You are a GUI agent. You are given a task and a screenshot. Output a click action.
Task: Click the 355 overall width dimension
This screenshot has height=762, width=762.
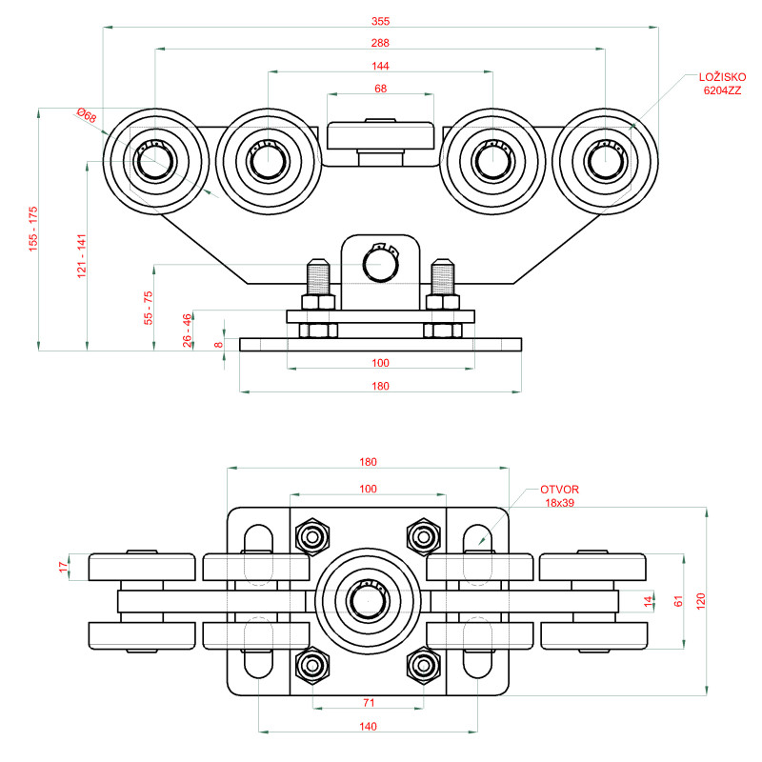(x=380, y=20)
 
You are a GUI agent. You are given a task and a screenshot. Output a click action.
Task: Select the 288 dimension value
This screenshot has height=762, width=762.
(x=380, y=43)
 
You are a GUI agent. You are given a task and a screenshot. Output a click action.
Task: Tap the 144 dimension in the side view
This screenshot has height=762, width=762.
(x=380, y=66)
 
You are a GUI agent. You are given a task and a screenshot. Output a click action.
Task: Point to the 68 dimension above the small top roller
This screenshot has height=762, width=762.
(x=380, y=89)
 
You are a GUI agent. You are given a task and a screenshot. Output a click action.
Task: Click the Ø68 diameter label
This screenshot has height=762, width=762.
(x=87, y=116)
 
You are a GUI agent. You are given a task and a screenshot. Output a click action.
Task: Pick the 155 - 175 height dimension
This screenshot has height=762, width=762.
(x=33, y=229)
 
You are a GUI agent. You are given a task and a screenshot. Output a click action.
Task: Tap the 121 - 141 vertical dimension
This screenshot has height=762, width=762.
(x=82, y=254)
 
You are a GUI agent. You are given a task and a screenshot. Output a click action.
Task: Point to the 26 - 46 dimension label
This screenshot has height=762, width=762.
(x=188, y=329)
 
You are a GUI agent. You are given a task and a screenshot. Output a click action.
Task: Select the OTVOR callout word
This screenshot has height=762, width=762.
(x=559, y=490)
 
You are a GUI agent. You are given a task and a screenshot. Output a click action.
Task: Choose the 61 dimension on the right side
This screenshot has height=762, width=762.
(x=678, y=601)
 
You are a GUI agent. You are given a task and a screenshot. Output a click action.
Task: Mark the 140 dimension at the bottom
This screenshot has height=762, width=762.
(x=369, y=726)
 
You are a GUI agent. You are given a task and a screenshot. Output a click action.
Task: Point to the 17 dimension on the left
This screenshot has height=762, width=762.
(x=64, y=567)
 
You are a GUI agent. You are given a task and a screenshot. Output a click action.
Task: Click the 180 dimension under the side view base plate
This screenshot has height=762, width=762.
(x=380, y=386)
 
